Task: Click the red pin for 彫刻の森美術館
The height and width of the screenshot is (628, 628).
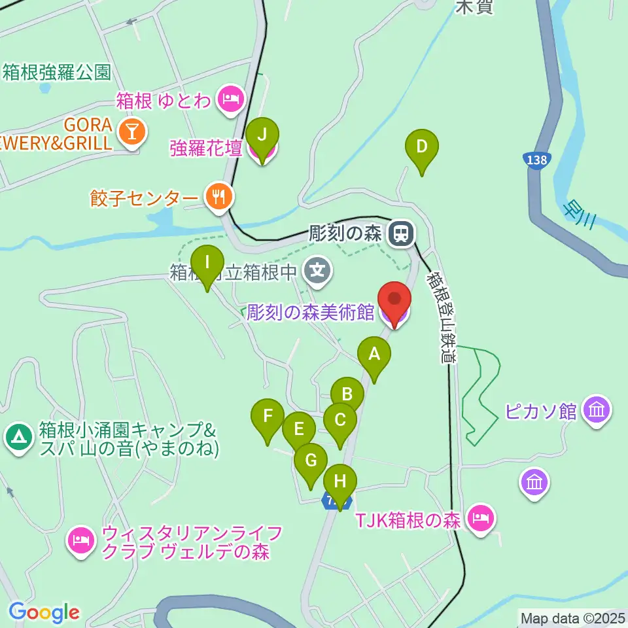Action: [395, 302]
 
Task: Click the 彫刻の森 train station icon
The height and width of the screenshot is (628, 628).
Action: [400, 233]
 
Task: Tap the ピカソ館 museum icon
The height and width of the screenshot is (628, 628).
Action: [597, 411]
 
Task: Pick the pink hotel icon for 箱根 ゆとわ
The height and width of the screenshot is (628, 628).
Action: [230, 100]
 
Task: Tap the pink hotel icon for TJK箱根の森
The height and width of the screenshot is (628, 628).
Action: [481, 520]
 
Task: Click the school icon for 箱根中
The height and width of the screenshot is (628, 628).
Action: [319, 270]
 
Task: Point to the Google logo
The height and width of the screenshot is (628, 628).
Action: [43, 612]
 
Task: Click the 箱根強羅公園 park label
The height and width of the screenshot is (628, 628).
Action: [58, 72]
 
